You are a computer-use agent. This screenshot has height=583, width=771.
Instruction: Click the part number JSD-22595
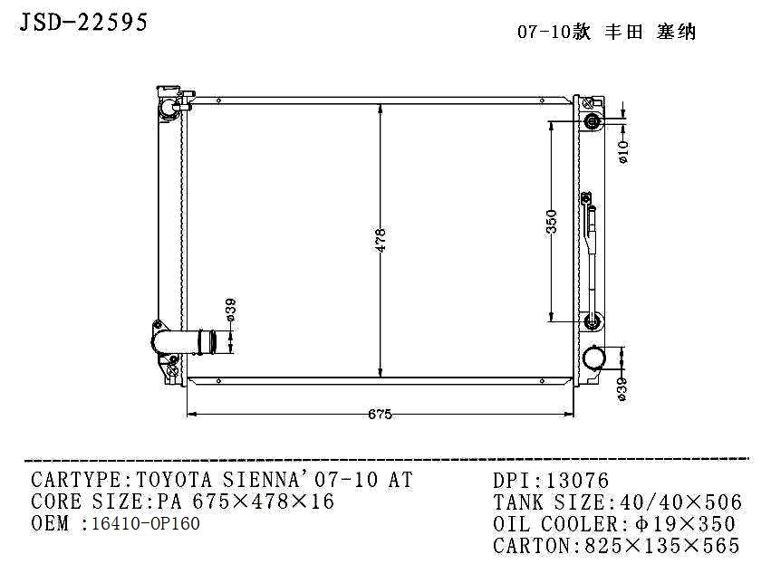(x=83, y=22)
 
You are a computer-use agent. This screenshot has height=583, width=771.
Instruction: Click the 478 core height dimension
(x=381, y=240)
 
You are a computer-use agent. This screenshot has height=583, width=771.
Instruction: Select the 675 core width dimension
(x=381, y=415)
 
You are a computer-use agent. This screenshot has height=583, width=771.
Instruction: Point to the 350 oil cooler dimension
(x=552, y=221)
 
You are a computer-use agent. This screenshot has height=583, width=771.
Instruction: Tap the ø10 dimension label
(x=623, y=152)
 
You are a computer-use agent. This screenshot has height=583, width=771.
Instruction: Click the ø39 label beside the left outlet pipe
(x=231, y=310)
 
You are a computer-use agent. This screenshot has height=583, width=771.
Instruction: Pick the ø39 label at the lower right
(x=622, y=390)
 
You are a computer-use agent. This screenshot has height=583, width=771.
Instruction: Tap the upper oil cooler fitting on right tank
(x=592, y=120)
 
